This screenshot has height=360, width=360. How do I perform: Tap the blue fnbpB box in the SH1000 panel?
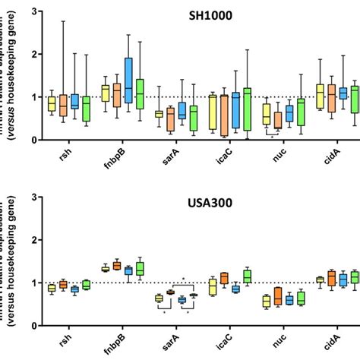coord(128,80)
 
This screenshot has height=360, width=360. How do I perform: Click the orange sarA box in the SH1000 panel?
coord(170,118)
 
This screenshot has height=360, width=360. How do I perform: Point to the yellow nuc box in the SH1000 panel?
coord(267,114)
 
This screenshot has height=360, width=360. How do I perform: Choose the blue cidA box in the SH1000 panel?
coord(343,93)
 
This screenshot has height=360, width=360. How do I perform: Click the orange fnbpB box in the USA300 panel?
coord(117,266)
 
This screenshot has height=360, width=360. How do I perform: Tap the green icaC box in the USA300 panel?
coord(247,276)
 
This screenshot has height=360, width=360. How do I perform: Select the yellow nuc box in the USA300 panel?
coord(267,302)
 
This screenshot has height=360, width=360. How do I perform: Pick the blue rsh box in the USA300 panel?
coord(74,289)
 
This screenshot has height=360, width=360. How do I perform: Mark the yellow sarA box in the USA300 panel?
coord(159,298)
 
